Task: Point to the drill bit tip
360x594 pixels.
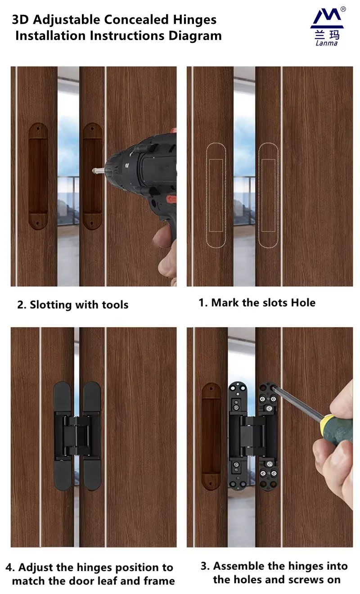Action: [x=95, y=171]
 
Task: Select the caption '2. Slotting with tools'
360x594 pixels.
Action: [x=73, y=305]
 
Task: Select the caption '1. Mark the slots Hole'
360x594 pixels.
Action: [x=257, y=302]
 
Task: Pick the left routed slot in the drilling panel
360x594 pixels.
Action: [x=38, y=176]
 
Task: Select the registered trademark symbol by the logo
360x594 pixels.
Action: [x=343, y=9]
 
